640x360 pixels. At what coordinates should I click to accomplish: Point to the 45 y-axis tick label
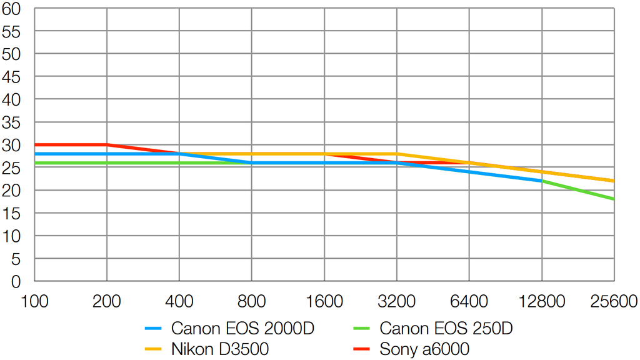click(12, 77)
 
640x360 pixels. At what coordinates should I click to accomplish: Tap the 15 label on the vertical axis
click(12, 214)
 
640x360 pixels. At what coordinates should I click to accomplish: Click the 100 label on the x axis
click(34, 302)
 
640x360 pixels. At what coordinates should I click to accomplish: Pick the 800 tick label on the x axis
click(251, 302)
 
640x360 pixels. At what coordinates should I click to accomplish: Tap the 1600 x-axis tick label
click(324, 302)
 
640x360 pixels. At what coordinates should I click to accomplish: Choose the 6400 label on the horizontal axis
click(469, 302)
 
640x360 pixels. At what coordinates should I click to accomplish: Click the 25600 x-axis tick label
click(614, 302)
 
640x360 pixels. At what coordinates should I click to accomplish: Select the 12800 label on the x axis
click(541, 302)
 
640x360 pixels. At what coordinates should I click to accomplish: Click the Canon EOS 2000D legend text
click(242, 328)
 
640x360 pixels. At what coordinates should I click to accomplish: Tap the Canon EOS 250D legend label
click(446, 328)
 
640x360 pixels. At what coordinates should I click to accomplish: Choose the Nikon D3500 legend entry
click(220, 349)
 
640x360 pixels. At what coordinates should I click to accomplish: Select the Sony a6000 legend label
click(424, 349)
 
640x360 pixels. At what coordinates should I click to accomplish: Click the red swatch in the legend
click(362, 349)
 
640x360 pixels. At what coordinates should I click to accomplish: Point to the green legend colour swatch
click(362, 328)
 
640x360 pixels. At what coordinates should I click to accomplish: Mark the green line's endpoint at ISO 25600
click(614, 199)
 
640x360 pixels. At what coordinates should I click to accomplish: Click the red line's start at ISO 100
click(35, 144)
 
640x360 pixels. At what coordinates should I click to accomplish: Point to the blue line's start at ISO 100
click(35, 154)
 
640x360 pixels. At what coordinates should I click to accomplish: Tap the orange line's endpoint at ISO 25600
click(614, 181)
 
